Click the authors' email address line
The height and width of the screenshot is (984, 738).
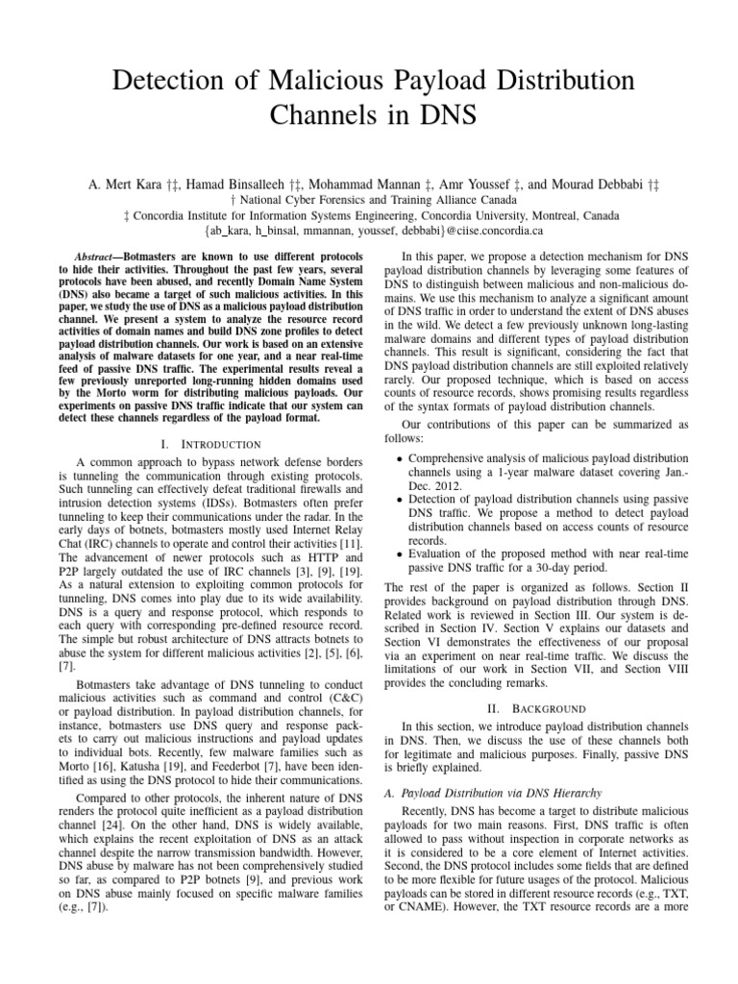tap(368, 231)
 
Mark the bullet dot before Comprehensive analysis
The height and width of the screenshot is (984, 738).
tap(400, 459)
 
